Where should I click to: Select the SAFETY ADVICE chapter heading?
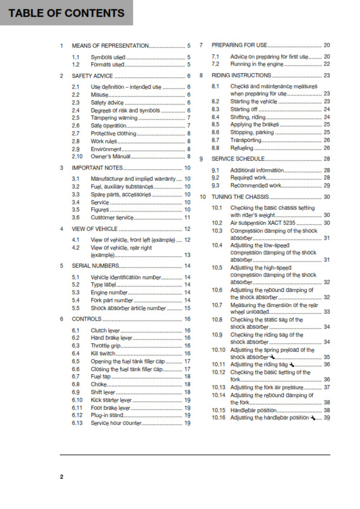pyautogui.click(x=92, y=76)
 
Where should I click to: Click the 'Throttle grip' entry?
pyautogui.click(x=106, y=345)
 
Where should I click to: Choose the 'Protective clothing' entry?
pyautogui.click(x=113, y=133)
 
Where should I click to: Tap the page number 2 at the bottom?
pyautogui.click(x=61, y=477)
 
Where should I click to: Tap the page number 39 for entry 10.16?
pyautogui.click(x=327, y=418)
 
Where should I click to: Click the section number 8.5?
pyautogui.click(x=215, y=124)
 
